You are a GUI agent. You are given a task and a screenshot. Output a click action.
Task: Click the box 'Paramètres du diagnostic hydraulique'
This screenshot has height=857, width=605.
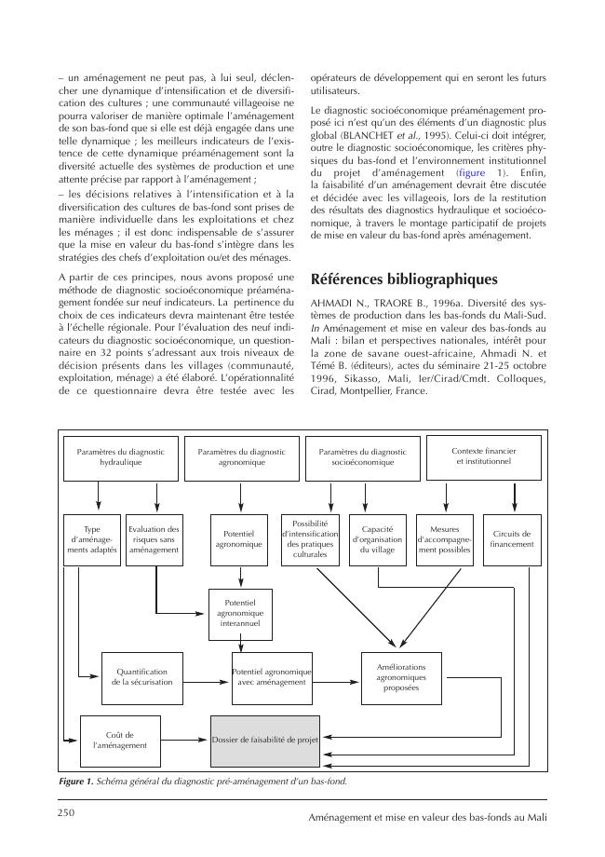[120, 456]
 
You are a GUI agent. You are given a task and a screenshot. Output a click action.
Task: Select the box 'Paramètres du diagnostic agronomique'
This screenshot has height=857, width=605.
[241, 456]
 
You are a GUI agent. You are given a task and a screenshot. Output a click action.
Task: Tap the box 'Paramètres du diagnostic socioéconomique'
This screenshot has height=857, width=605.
[362, 456]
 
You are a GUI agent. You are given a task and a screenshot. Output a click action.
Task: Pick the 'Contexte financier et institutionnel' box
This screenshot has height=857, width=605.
[483, 456]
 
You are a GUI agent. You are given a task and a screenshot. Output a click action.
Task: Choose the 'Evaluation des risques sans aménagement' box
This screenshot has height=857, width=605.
[154, 538]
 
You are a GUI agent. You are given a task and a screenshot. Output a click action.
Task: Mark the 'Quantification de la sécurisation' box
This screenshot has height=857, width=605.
[140, 676]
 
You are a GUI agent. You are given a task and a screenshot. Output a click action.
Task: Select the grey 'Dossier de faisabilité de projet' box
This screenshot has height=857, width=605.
[265, 741]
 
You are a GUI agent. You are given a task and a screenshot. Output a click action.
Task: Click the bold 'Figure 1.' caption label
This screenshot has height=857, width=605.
[76, 782]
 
